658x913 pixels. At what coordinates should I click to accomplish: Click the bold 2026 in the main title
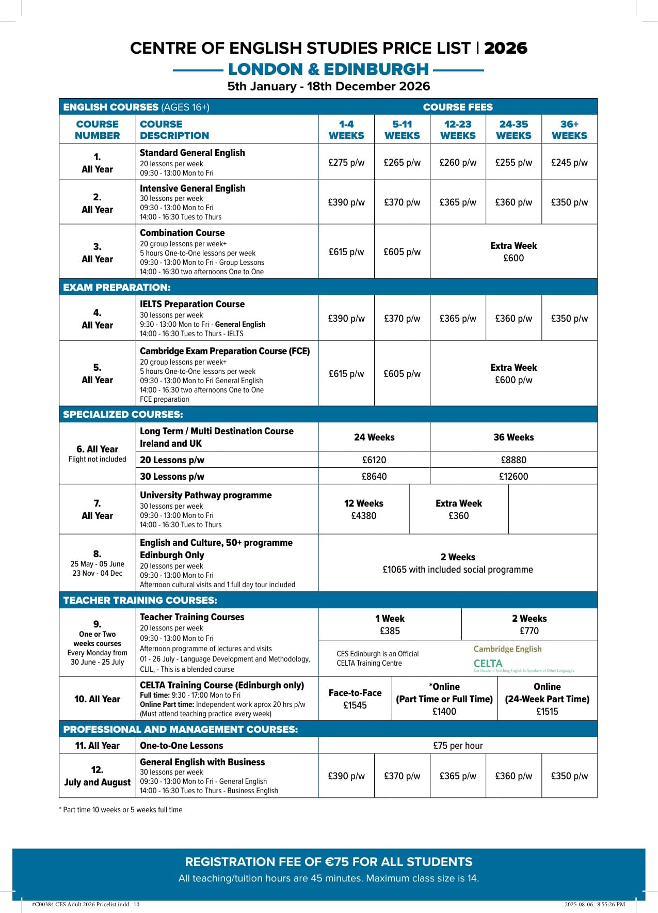(x=505, y=48)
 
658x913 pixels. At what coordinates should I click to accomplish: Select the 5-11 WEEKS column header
(x=402, y=130)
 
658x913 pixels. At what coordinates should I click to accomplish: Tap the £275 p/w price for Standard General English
(x=346, y=162)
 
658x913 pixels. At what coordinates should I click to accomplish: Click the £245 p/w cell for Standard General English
(x=569, y=162)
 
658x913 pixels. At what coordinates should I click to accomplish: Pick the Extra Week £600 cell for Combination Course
(x=513, y=252)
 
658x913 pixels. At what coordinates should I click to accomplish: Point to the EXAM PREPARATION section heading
(x=117, y=287)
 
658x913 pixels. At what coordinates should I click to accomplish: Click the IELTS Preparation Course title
(x=192, y=304)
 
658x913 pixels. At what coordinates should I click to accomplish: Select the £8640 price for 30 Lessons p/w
(x=374, y=476)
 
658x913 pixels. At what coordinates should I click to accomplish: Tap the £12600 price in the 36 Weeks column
(x=513, y=476)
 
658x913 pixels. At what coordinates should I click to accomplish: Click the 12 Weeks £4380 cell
(x=364, y=509)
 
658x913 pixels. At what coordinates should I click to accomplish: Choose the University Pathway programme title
(x=205, y=495)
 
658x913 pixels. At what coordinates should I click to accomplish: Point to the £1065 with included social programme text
(x=458, y=570)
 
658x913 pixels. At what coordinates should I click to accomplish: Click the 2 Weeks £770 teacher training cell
(x=529, y=624)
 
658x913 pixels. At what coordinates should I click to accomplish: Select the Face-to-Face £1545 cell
(x=355, y=699)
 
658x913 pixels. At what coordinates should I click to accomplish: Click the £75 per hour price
(x=458, y=745)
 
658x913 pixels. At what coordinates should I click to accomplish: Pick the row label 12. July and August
(x=97, y=776)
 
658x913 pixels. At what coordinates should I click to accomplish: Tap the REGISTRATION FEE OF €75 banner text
(x=329, y=862)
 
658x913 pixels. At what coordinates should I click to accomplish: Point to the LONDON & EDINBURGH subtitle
(x=328, y=69)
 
